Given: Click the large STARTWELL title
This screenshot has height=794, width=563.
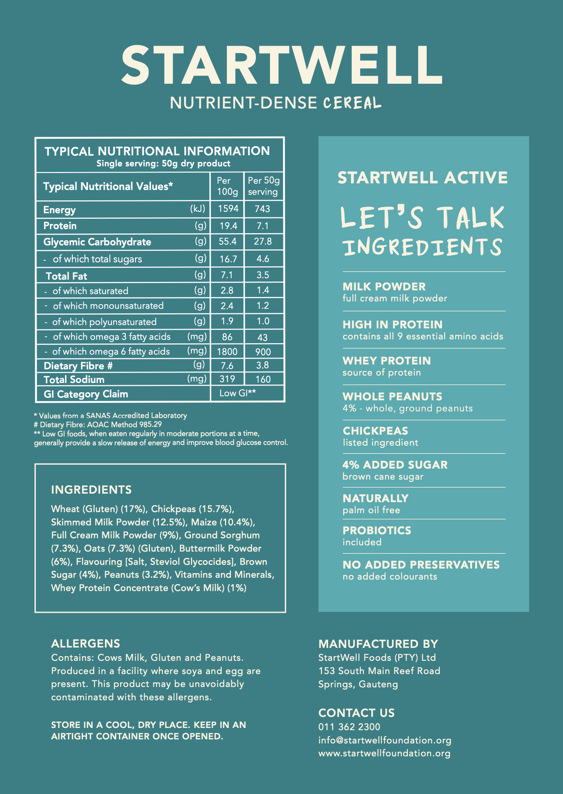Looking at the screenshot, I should tap(281, 65).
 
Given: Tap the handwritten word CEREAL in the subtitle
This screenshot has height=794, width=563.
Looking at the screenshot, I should tap(352, 103).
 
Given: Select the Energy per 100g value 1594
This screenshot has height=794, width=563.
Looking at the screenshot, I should tap(228, 209).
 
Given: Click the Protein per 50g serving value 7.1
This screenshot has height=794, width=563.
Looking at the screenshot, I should tap(263, 226).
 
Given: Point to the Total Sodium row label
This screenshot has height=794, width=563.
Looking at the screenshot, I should tap(74, 379).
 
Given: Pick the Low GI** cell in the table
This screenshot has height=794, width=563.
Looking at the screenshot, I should tap(237, 393).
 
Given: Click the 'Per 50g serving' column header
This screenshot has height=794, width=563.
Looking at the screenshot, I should tap(264, 186).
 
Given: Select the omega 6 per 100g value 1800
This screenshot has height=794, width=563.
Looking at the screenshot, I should tap(227, 352).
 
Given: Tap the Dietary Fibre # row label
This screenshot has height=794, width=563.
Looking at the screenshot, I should tap(78, 366).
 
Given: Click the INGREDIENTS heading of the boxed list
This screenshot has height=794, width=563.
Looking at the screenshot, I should tap(91, 489).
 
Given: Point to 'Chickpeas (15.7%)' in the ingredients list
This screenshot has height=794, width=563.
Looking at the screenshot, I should tap(192, 509).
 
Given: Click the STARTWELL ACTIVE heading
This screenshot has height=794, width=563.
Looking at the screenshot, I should tap(423, 178).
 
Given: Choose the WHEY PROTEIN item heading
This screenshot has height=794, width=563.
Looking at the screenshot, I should tap(387, 361).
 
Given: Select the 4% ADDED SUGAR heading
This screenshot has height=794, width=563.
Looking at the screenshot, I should tap(395, 465).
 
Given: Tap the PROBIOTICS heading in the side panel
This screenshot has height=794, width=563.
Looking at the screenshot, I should tap(377, 531).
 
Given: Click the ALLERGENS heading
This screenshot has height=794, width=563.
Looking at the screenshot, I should tap(85, 643).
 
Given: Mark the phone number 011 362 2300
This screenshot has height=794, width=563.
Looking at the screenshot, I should tap(349, 727).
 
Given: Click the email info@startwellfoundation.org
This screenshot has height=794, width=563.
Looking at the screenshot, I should tap(385, 740).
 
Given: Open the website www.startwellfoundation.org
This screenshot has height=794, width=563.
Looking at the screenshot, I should tap(384, 753).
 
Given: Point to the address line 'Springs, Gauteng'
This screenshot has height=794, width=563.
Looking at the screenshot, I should tap(358, 684).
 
